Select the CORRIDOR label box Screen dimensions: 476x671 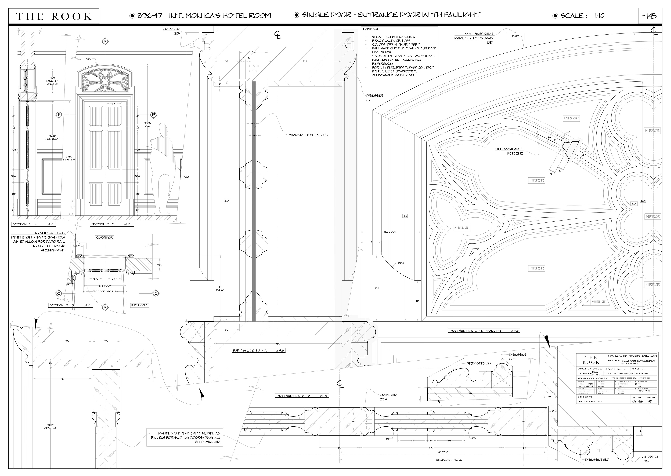[104, 237]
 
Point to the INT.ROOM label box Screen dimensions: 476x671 [139, 305]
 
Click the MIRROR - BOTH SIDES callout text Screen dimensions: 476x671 [308, 135]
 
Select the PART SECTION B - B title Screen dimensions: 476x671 [302, 396]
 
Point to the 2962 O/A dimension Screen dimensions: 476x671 [147, 125]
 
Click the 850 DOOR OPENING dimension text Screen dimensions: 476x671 [105, 291]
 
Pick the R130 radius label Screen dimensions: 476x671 [401, 263]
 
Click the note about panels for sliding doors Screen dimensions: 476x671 [185, 437]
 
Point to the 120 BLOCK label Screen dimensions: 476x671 [390, 232]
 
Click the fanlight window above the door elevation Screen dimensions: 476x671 [104, 79]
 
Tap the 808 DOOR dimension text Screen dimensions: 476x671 [105, 285]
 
